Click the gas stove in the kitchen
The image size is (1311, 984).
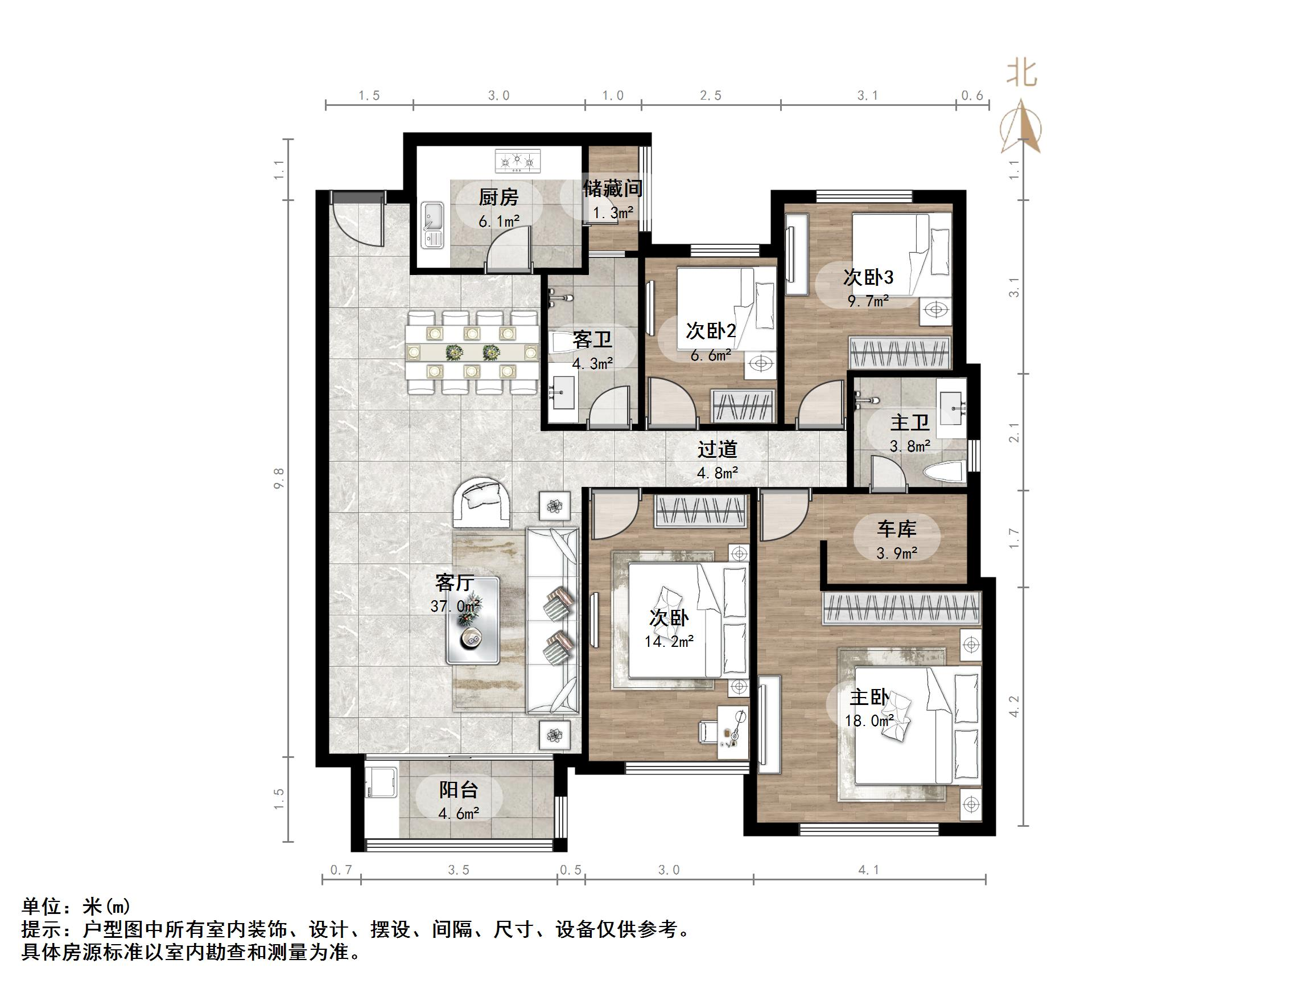point(517,161)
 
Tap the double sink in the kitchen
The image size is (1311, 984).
point(432,226)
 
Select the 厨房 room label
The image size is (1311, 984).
point(498,197)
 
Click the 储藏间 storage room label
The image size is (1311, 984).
point(613,188)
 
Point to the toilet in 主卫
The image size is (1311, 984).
point(944,473)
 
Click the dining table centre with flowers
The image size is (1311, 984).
point(472,353)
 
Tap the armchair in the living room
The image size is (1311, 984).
point(481,501)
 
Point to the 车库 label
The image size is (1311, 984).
point(896,528)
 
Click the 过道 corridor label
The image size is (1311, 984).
point(717,449)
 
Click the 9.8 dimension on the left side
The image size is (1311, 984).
point(279,478)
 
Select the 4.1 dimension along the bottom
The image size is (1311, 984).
point(869,870)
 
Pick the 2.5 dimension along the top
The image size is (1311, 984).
point(711,96)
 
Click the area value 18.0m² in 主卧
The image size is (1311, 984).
point(869,721)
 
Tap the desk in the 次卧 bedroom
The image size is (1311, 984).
point(733,732)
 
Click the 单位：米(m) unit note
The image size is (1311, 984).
point(76,907)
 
